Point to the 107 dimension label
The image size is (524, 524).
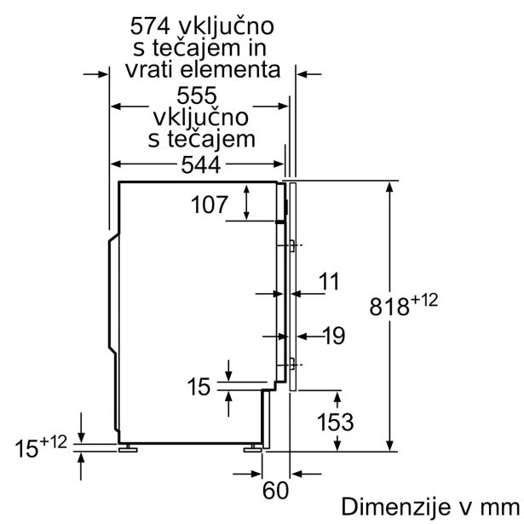pyautogui.click(x=209, y=204)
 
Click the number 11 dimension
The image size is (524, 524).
pyautogui.click(x=329, y=280)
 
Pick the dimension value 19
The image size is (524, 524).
pyautogui.click(x=333, y=336)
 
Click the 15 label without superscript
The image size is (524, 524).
pyautogui.click(x=199, y=388)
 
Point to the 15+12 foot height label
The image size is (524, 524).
pyautogui.click(x=40, y=445)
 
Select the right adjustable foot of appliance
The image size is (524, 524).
pyautogui.click(x=253, y=446)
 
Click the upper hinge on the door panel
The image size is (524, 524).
pyautogui.click(x=291, y=246)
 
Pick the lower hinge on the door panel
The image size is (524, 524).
pyautogui.click(x=291, y=365)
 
